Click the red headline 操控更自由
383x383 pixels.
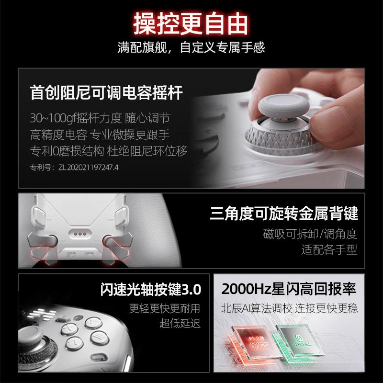click(191, 23)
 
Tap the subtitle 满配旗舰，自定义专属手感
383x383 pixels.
click(191, 47)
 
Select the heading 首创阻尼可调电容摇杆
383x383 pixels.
click(106, 92)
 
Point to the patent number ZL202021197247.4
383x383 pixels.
click(89, 167)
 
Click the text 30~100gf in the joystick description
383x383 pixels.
click(53, 118)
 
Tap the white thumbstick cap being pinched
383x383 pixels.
click(283, 107)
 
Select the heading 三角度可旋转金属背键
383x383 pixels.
click(284, 213)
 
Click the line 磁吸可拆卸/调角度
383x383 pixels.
click(310, 234)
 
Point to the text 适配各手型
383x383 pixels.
click(329, 249)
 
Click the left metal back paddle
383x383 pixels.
click(43, 247)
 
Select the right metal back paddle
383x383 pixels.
click(118, 247)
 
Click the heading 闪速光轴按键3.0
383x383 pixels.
click(151, 290)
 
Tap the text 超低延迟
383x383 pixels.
click(180, 323)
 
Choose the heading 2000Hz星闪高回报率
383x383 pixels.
click(289, 289)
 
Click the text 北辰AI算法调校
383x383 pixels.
click(257, 308)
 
